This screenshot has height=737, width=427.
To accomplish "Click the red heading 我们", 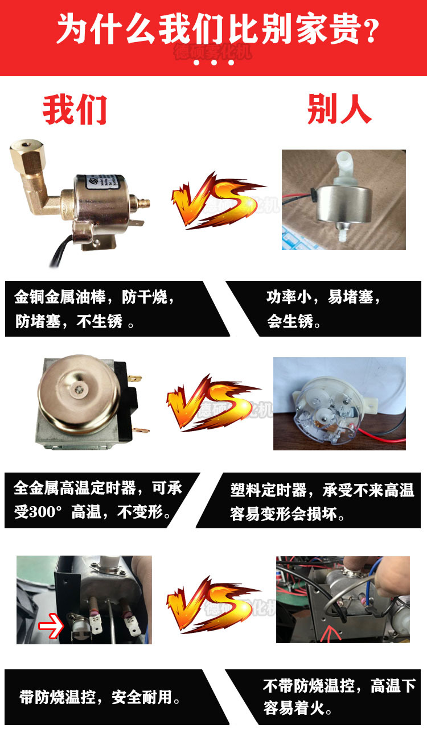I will (75, 110).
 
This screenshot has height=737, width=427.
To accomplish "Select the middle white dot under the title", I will (214, 63).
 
